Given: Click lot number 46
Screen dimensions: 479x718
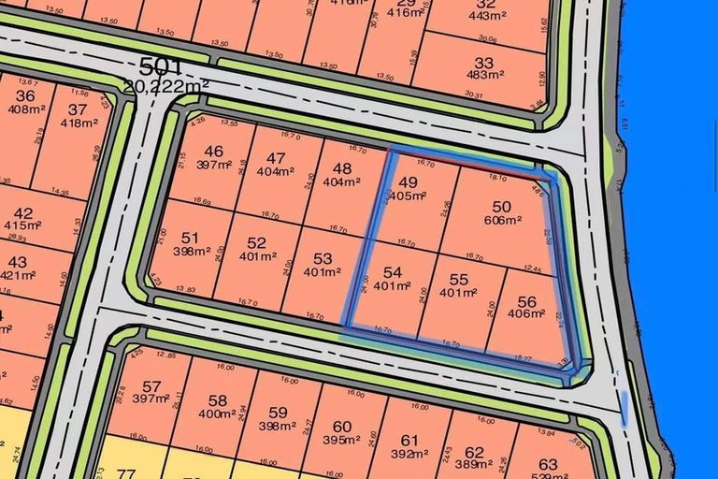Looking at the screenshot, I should (x=214, y=152).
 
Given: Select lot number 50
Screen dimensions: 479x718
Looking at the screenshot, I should (x=501, y=206).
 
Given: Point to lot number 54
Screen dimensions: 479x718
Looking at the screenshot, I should (x=393, y=272).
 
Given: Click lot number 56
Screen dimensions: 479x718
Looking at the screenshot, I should (x=527, y=302).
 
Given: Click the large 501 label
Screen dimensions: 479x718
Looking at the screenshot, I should (x=160, y=68).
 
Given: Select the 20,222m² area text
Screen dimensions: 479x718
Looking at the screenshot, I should (x=165, y=86).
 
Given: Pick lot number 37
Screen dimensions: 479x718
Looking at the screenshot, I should (x=78, y=109).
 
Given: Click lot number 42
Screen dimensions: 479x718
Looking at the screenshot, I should (x=23, y=213).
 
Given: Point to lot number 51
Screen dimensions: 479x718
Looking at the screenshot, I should (x=190, y=238).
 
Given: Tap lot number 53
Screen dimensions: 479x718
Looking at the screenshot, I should (x=323, y=258).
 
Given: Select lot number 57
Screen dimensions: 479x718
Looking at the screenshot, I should (x=151, y=385).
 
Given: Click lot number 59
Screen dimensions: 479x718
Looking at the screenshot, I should (x=278, y=413).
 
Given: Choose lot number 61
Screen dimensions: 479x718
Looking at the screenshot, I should (x=409, y=441).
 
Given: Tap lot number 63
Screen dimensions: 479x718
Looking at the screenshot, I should (x=548, y=464).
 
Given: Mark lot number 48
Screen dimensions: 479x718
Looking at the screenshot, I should (x=342, y=169).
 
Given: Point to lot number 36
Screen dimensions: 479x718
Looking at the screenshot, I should (x=25, y=95).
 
